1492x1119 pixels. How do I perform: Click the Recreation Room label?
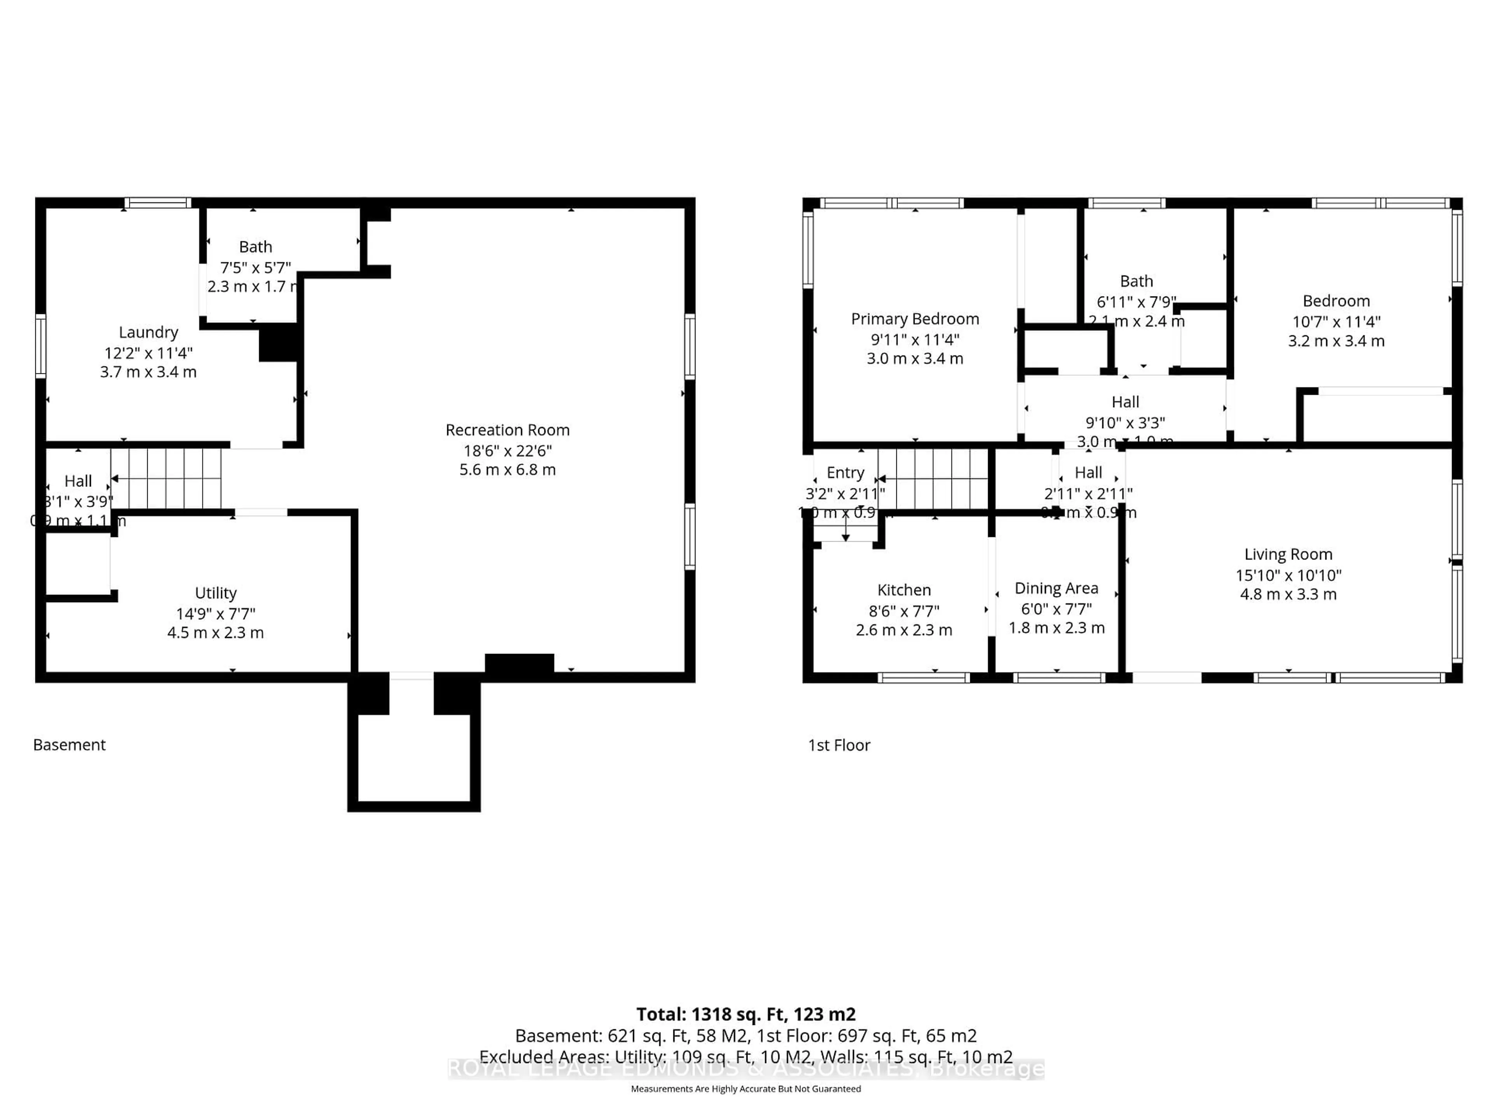[x=507, y=430]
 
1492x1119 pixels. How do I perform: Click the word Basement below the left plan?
[x=70, y=745]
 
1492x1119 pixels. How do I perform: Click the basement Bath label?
[x=256, y=246]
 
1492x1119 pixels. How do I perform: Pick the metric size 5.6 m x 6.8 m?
[x=507, y=469]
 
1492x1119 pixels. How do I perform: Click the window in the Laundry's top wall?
[x=158, y=202]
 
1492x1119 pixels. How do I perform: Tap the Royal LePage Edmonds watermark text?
[x=745, y=1068]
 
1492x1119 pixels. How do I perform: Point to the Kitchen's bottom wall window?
[x=924, y=677]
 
